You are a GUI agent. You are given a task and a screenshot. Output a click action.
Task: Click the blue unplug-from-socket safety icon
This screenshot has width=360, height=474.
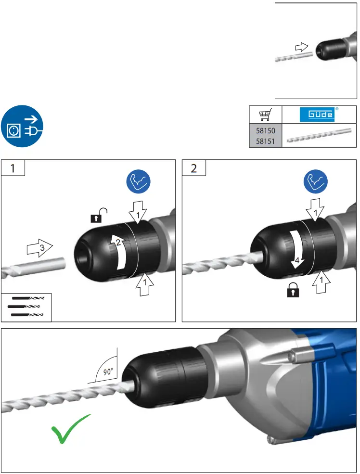(22, 127)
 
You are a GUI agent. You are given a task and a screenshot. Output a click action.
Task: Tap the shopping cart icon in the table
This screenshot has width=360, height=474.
(264, 115)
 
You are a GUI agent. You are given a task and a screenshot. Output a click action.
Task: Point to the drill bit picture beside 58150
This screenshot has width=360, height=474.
(318, 137)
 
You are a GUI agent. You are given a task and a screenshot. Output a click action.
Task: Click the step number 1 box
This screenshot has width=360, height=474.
(13, 168)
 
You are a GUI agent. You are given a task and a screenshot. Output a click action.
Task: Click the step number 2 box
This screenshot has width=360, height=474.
(194, 168)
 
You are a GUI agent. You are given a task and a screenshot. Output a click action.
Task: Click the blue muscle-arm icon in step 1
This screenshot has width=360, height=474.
(138, 182)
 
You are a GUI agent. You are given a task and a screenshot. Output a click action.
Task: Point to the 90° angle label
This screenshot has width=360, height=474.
(108, 372)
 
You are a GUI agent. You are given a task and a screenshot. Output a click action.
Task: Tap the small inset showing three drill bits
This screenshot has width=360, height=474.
(26, 307)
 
